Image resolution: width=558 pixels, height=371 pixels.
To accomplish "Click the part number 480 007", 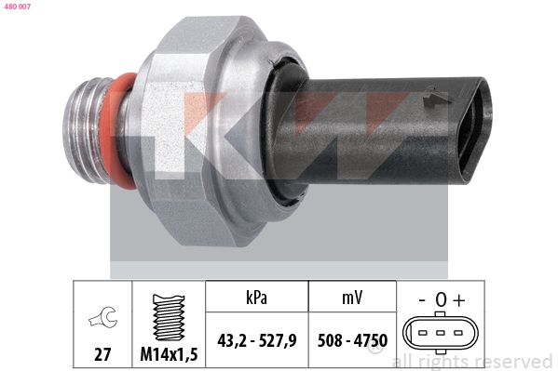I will [x=18, y=8].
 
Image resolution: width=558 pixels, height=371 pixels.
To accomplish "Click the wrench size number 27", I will [x=102, y=353].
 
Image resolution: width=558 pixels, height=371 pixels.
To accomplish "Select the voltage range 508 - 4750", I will [x=352, y=341].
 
